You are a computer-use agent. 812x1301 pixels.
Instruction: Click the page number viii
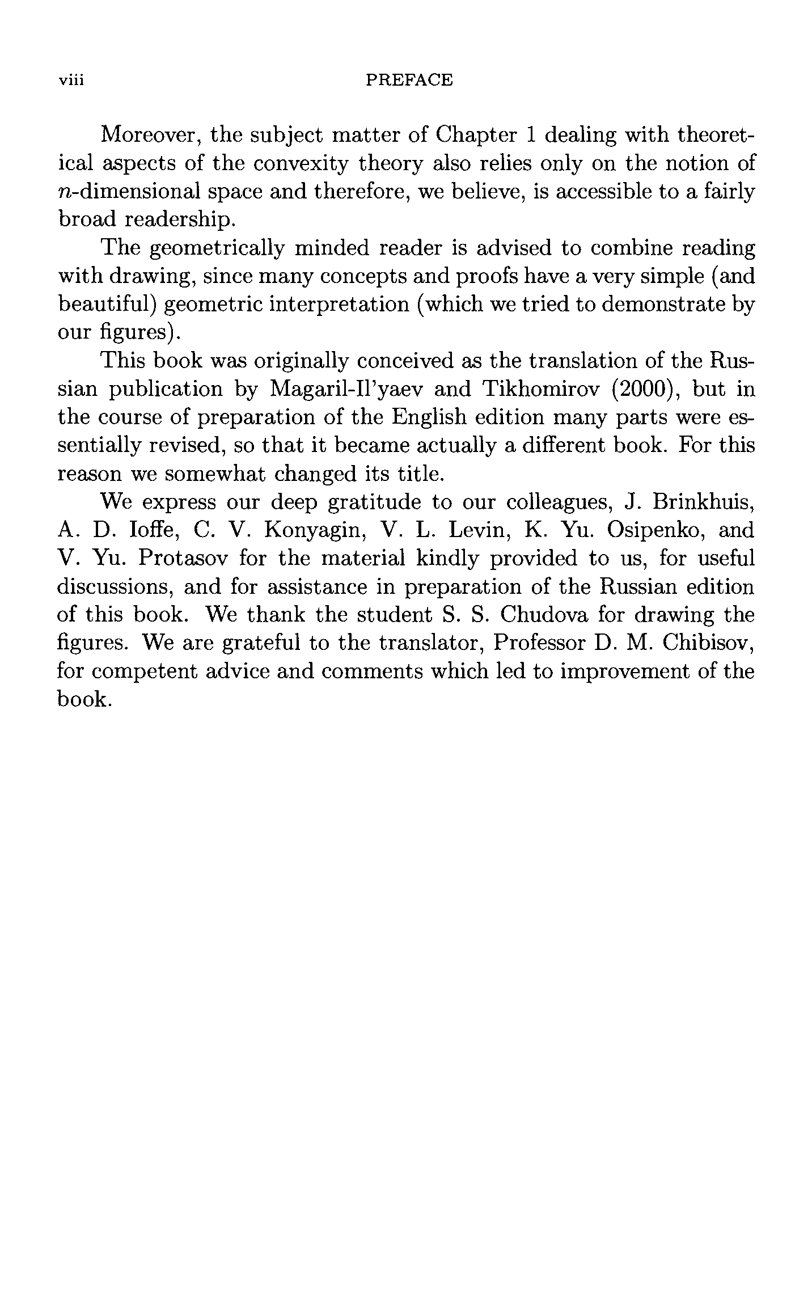(x=71, y=80)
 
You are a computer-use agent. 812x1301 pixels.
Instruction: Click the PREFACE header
(x=409, y=80)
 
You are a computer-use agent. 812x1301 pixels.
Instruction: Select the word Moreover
(x=150, y=136)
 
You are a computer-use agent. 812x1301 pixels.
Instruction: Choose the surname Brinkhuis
(x=703, y=502)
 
